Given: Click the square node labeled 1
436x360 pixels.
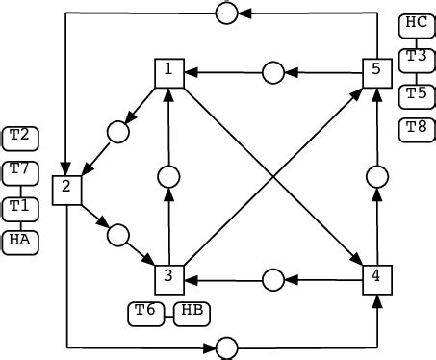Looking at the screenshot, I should [168, 72].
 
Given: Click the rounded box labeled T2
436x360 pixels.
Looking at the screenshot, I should [20, 138].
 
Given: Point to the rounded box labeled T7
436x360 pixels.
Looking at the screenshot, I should [20, 171].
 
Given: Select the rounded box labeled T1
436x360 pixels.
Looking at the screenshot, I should [20, 206].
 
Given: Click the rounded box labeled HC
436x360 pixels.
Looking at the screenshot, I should [416, 22].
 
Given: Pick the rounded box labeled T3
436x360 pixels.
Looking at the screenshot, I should [416, 57].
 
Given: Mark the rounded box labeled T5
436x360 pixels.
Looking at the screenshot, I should [416, 93].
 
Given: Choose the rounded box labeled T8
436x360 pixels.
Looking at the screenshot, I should [416, 127].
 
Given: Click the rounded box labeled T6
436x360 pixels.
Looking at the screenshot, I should [145, 312].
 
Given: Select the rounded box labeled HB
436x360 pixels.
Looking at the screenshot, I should [192, 312].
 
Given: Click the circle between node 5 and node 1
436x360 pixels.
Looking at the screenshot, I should [272, 72].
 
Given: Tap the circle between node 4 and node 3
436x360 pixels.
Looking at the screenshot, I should [272, 279].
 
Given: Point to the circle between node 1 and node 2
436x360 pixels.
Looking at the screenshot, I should [118, 132].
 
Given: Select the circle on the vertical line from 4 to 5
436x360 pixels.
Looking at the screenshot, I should [376, 176].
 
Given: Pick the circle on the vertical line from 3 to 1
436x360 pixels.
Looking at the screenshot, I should [168, 176].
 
